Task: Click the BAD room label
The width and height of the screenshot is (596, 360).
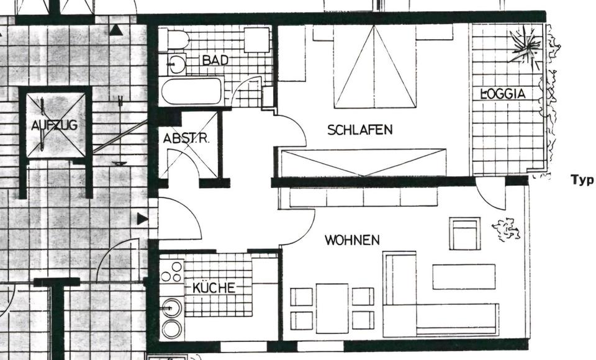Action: click(x=215, y=60)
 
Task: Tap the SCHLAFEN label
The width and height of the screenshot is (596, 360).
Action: click(x=360, y=130)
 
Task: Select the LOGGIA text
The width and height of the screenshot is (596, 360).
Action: click(x=504, y=94)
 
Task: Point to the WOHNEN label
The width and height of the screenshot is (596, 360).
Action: click(x=352, y=240)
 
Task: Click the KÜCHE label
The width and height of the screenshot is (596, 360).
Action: click(x=214, y=288)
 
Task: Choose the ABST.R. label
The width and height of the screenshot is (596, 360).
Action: click(x=186, y=139)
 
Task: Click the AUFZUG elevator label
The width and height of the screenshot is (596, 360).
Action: click(x=55, y=125)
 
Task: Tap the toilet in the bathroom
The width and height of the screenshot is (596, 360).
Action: click(x=178, y=40)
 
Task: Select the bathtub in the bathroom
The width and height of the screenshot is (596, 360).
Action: click(x=191, y=92)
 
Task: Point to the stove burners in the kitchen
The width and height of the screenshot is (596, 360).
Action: click(x=172, y=272)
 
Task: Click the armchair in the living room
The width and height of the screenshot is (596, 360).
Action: click(x=464, y=234)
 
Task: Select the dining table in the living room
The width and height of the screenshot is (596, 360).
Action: click(x=332, y=307)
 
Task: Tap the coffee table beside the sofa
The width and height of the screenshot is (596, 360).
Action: click(x=464, y=276)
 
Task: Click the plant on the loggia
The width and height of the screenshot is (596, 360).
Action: click(x=525, y=47)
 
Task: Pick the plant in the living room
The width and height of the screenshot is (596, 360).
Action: click(x=506, y=230)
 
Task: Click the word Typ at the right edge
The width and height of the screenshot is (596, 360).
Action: click(x=582, y=180)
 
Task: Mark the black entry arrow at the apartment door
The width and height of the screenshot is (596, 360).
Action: click(x=143, y=218)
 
